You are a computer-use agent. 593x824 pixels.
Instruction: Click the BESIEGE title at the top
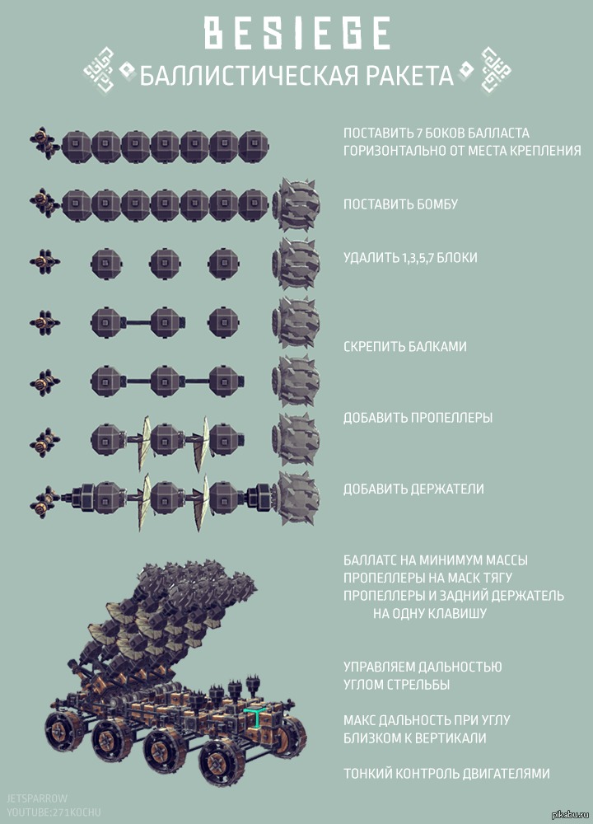coord(296,33)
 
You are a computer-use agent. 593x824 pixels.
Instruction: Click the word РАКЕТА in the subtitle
coord(409,75)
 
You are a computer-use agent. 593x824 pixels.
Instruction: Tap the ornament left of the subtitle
coord(100,70)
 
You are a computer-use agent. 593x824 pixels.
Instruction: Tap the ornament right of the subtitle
coord(496,70)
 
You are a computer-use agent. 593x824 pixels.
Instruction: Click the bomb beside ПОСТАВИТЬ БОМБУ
coord(296,204)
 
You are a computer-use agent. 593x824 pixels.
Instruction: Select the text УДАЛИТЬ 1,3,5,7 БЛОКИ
coord(410,257)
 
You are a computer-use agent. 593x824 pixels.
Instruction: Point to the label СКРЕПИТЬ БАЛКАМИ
coord(405,346)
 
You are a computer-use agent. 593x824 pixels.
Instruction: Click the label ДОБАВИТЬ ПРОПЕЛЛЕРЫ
coord(418,418)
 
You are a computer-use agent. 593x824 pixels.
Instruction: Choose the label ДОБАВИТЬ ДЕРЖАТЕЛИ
coord(413,489)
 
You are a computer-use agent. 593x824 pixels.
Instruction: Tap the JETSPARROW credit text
coord(37,798)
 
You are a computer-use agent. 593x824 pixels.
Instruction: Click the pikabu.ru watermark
coord(571,815)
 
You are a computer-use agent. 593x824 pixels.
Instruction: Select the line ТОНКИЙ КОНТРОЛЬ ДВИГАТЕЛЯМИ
coord(446,774)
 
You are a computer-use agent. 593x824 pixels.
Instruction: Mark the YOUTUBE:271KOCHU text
coord(54,812)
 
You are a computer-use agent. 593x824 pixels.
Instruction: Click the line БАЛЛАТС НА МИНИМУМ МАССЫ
coord(436,560)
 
